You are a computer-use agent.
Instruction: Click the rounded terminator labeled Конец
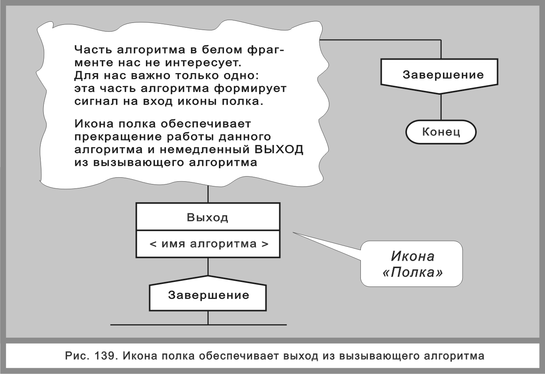(x=441, y=132)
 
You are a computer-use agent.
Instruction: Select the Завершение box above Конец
(x=441, y=75)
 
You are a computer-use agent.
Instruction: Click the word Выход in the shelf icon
(x=207, y=217)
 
